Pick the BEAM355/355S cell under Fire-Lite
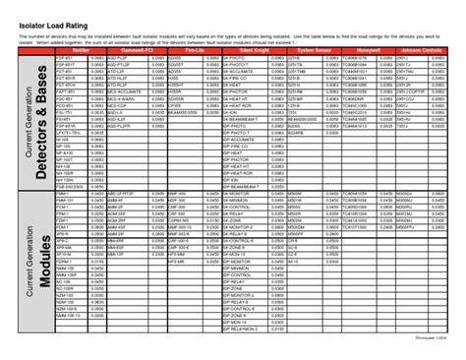tap(182, 114)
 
